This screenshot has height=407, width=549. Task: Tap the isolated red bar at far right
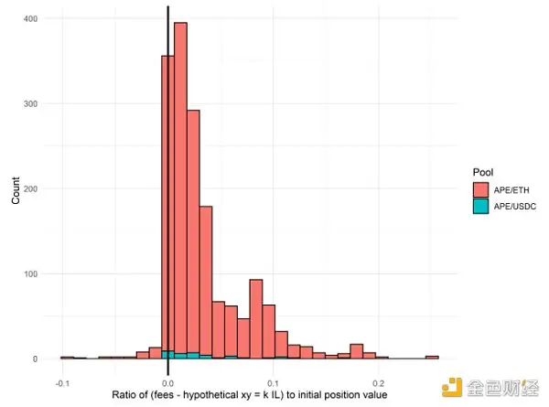(432, 358)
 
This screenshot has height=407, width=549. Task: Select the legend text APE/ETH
(512, 189)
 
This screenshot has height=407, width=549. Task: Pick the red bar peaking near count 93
(256, 319)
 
